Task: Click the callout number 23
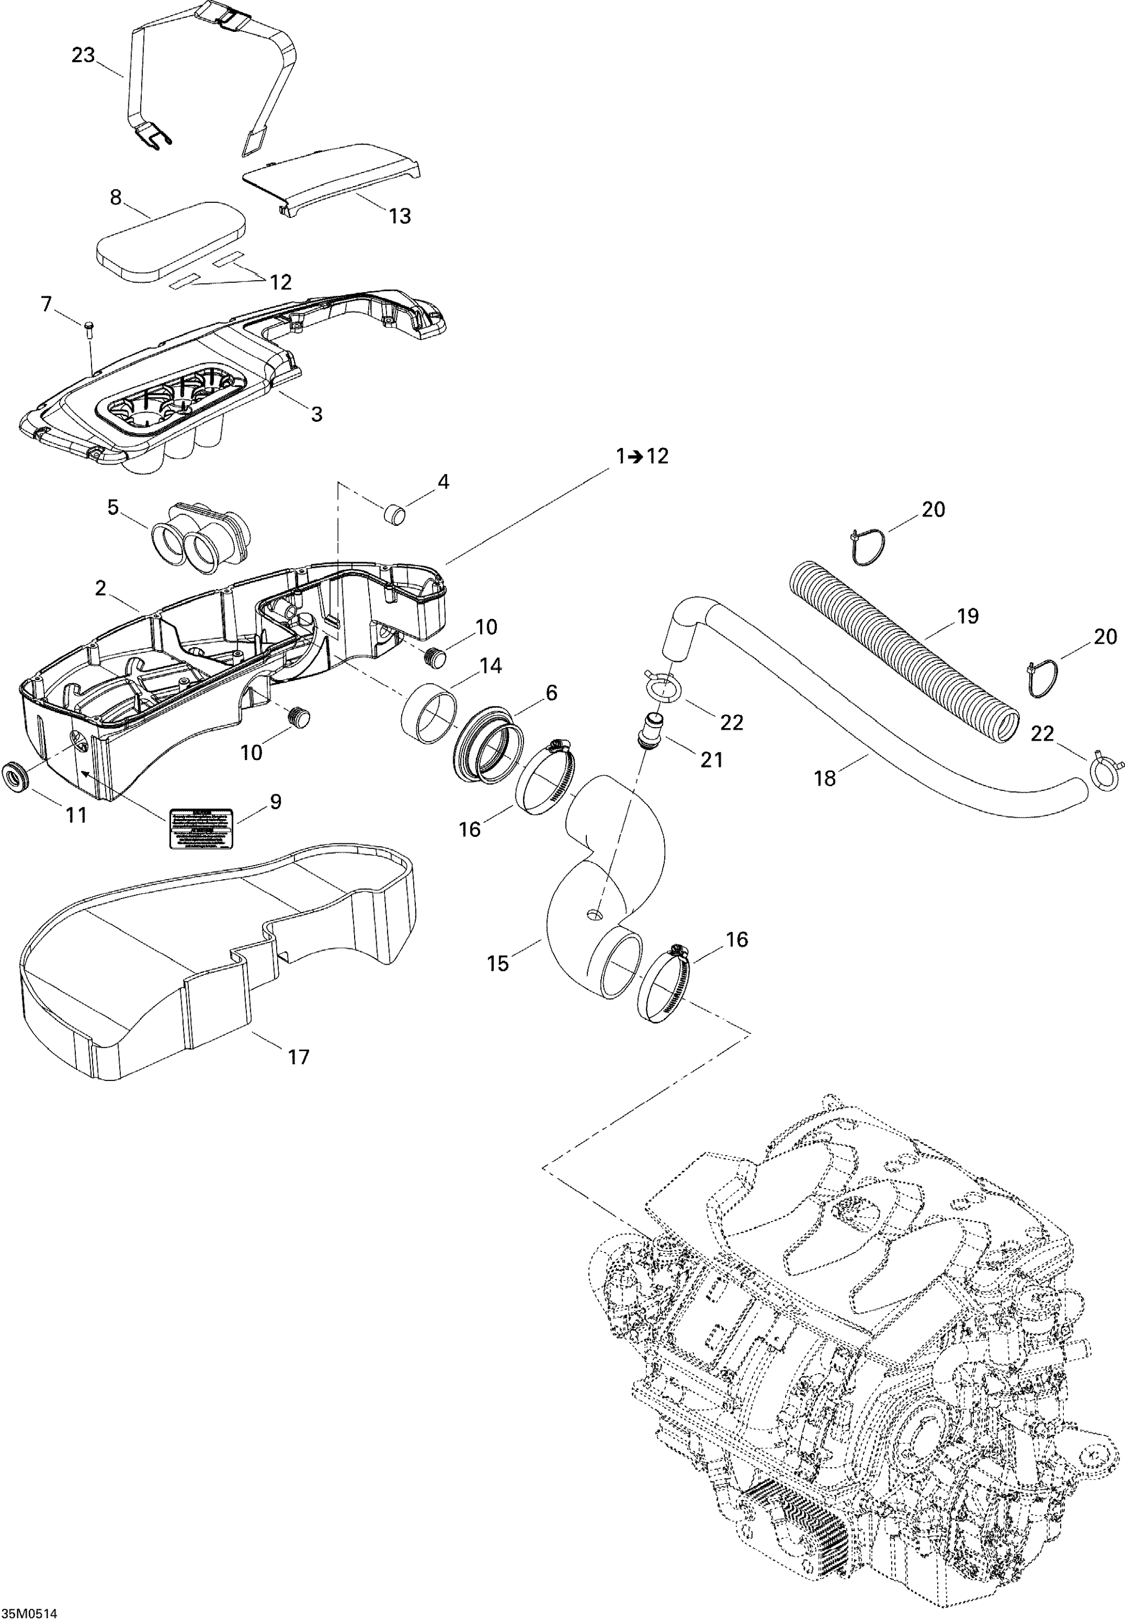click(83, 55)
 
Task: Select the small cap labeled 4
click(395, 513)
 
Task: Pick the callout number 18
click(825, 778)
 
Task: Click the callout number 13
click(400, 216)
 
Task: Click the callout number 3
click(317, 414)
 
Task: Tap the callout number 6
click(551, 692)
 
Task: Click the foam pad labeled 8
click(171, 240)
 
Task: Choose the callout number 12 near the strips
click(280, 282)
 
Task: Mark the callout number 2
click(101, 588)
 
